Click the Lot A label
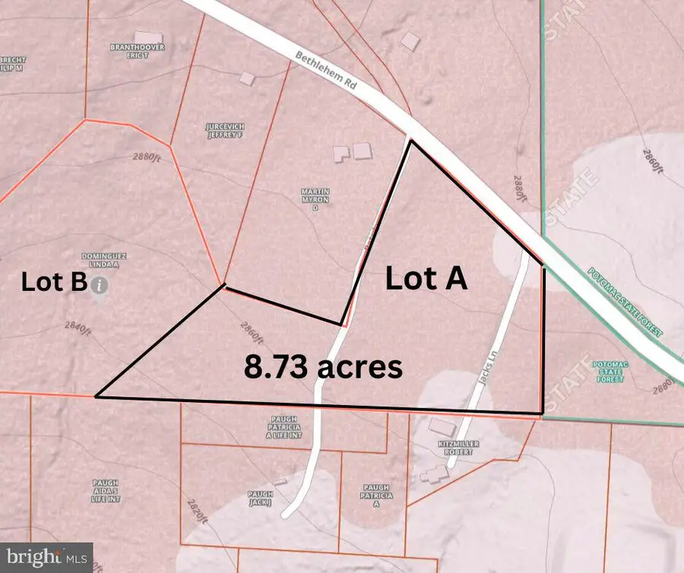[x=425, y=279]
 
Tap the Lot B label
[x=53, y=283]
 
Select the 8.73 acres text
[x=322, y=367]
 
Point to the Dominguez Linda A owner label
[x=102, y=261]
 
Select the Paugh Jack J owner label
[x=260, y=497]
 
